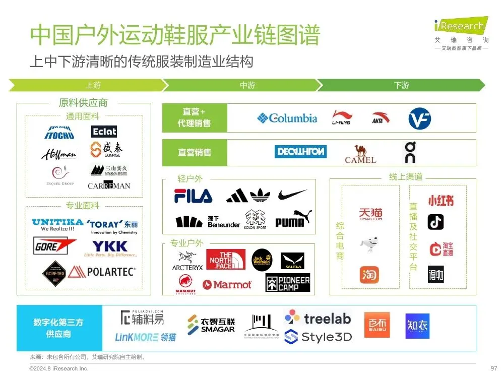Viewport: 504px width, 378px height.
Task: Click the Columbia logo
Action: tap(287, 118)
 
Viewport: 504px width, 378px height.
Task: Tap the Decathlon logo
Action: tap(300, 152)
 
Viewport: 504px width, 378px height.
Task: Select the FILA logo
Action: tap(193, 196)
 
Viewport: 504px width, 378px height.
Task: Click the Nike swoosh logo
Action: tap(292, 195)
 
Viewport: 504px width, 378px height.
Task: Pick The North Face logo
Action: tap(225, 260)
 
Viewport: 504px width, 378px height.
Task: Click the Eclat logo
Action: tap(104, 132)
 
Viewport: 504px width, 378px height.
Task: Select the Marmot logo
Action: tap(227, 285)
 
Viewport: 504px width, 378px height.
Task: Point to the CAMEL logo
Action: tap(360, 154)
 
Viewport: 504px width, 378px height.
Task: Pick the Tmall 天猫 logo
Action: tap(370, 215)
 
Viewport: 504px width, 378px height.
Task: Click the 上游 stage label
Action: tap(93, 86)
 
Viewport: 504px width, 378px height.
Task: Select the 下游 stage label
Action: tap(402, 86)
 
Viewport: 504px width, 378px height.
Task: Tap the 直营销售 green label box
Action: tap(195, 153)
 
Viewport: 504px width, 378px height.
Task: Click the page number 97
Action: tap(493, 368)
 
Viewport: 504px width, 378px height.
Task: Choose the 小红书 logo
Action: tap(440, 201)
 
